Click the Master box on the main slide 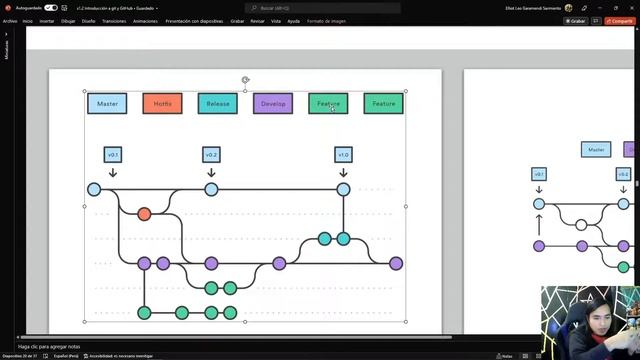[107, 103]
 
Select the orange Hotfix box [162, 103]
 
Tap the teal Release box [217, 103]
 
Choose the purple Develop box [273, 103]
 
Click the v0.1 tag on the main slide [113, 155]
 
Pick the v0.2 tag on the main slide [211, 155]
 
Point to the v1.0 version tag [343, 155]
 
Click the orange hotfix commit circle [144, 214]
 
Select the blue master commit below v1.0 [343, 189]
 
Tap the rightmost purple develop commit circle [396, 263]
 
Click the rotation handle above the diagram [245, 80]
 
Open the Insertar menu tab [47, 20]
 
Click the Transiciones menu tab [114, 20]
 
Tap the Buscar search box [320, 8]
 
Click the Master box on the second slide [596, 149]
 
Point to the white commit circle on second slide [581, 225]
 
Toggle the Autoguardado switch [52, 8]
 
